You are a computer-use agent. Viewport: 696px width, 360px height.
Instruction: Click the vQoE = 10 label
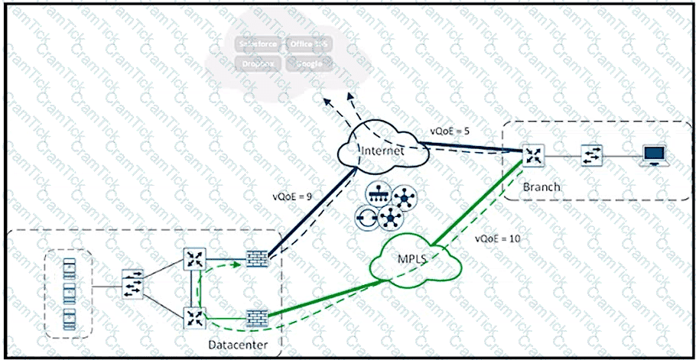pos(497,238)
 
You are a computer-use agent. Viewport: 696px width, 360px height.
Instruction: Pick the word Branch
pos(542,186)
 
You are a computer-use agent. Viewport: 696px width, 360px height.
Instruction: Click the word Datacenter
pos(236,346)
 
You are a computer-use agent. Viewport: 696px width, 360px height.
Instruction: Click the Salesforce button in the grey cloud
pos(257,44)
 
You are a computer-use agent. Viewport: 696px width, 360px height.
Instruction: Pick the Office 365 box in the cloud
pos(308,44)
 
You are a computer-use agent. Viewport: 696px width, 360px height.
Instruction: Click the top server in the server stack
pos(70,263)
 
